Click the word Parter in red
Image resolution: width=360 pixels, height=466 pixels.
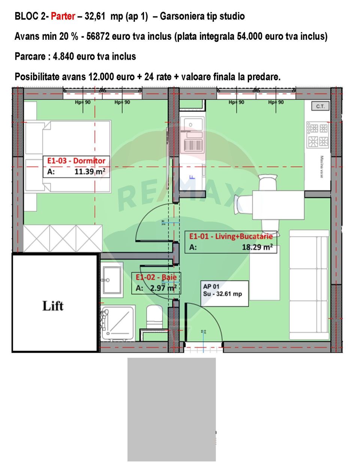pyautogui.click(x=63, y=16)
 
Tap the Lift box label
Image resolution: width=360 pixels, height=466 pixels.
pyautogui.click(x=53, y=306)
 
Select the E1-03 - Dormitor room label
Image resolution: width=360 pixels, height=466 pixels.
pyautogui.click(x=76, y=161)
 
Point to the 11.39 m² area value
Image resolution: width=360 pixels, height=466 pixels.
pyautogui.click(x=90, y=172)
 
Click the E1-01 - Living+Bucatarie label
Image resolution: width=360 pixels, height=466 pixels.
pyautogui.click(x=231, y=236)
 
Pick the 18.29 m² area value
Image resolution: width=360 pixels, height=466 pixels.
pyautogui.click(x=257, y=247)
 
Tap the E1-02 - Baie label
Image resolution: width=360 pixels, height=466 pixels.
pyautogui.click(x=156, y=277)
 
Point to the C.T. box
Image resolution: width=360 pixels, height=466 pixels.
pyautogui.click(x=320, y=106)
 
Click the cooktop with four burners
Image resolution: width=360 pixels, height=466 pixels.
pyautogui.click(x=318, y=135)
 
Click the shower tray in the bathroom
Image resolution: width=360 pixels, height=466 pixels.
pyautogui.click(x=118, y=323)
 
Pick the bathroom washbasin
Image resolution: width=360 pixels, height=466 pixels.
pyautogui.click(x=112, y=280)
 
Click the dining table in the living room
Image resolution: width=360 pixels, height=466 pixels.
pyautogui.click(x=278, y=205)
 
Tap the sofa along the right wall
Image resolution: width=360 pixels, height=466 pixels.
pyautogui.click(x=309, y=285)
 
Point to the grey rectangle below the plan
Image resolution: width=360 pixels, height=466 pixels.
pyautogui.click(x=171, y=409)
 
